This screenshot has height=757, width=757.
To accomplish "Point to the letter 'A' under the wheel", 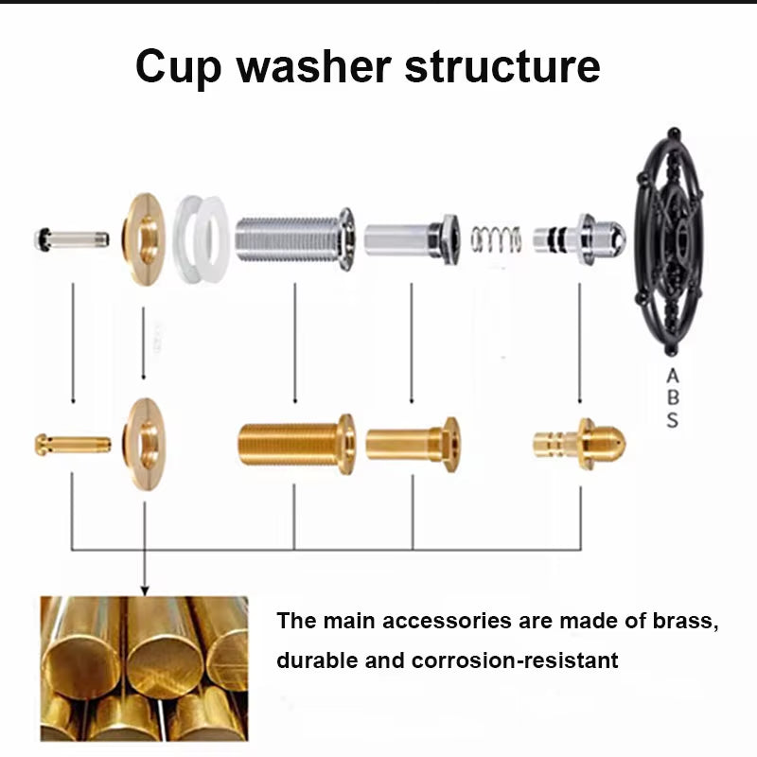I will tap(672, 375).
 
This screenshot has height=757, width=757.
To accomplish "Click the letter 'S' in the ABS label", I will tap(672, 420).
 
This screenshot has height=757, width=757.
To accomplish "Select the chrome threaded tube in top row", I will tap(293, 238).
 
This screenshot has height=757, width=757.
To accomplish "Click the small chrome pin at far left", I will tap(71, 238).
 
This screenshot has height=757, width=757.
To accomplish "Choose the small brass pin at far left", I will tap(72, 443).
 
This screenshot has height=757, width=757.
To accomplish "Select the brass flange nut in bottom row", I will tap(145, 443).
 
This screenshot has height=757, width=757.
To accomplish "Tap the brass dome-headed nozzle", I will tap(579, 442).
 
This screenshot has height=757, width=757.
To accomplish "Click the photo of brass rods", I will tap(144, 668).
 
